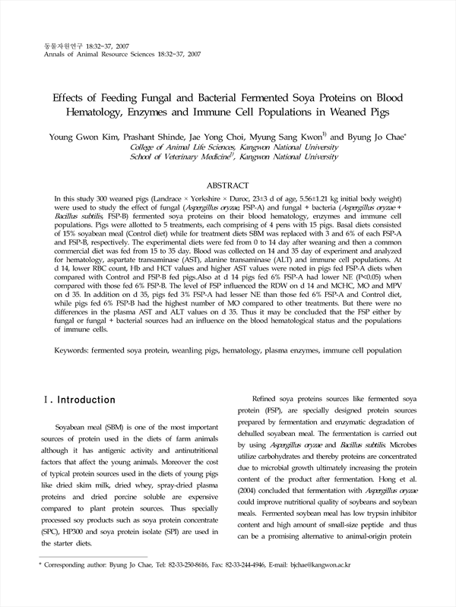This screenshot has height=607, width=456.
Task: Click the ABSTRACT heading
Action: point(228,185)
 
